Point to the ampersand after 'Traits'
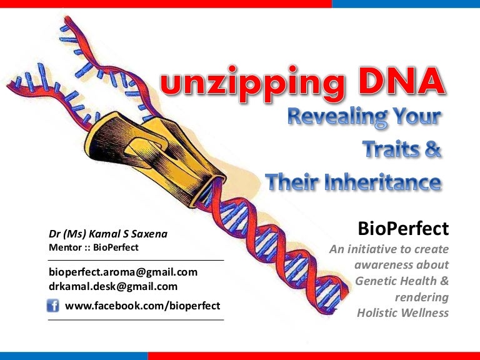[434, 151]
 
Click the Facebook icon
[54, 306]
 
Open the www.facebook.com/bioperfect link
[142, 306]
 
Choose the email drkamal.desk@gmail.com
[113, 286]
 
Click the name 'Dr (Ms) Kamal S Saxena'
[108, 234]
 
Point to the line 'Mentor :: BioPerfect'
[94, 247]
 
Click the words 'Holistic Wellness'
[402, 312]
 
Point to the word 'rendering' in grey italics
[422, 297]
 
